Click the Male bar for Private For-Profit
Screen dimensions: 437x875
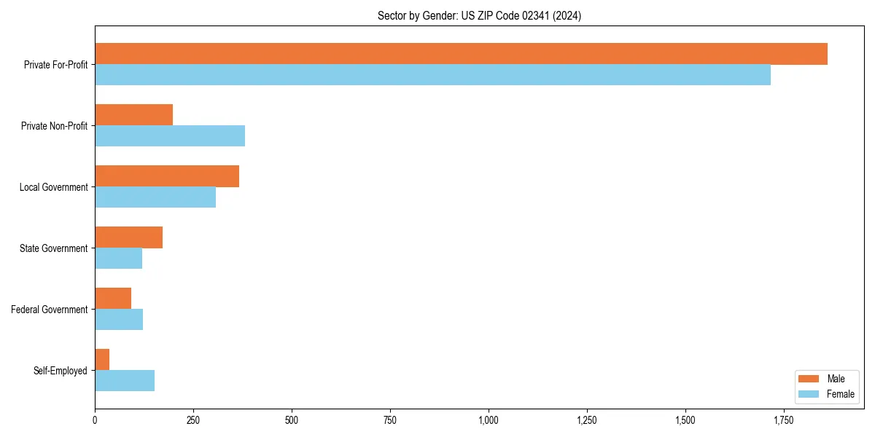pyautogui.click(x=461, y=54)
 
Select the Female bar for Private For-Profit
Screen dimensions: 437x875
pyautogui.click(x=432, y=75)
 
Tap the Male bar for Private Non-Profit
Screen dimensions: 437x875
pyautogui.click(x=133, y=115)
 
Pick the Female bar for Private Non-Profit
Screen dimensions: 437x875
pyautogui.click(x=170, y=136)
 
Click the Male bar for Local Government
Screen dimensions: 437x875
pyautogui.click(x=167, y=176)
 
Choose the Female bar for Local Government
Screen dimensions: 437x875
pyautogui.click(x=155, y=197)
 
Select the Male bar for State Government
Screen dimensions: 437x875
pyautogui.click(x=128, y=237)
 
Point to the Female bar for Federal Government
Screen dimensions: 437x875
pyautogui.click(x=119, y=320)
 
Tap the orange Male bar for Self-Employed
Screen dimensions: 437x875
pyautogui.click(x=102, y=360)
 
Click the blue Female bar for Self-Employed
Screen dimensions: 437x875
pyautogui.click(x=125, y=381)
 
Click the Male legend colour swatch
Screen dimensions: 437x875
pyautogui.click(x=809, y=379)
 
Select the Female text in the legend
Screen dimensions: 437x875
pyautogui.click(x=840, y=394)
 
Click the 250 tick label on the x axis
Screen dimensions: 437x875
pyautogui.click(x=193, y=420)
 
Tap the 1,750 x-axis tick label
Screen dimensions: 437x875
pyautogui.click(x=784, y=420)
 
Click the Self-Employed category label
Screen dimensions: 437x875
pyautogui.click(x=60, y=371)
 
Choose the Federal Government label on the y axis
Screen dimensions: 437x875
pyautogui.click(x=49, y=310)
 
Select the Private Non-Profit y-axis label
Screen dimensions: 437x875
pyautogui.click(x=54, y=126)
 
